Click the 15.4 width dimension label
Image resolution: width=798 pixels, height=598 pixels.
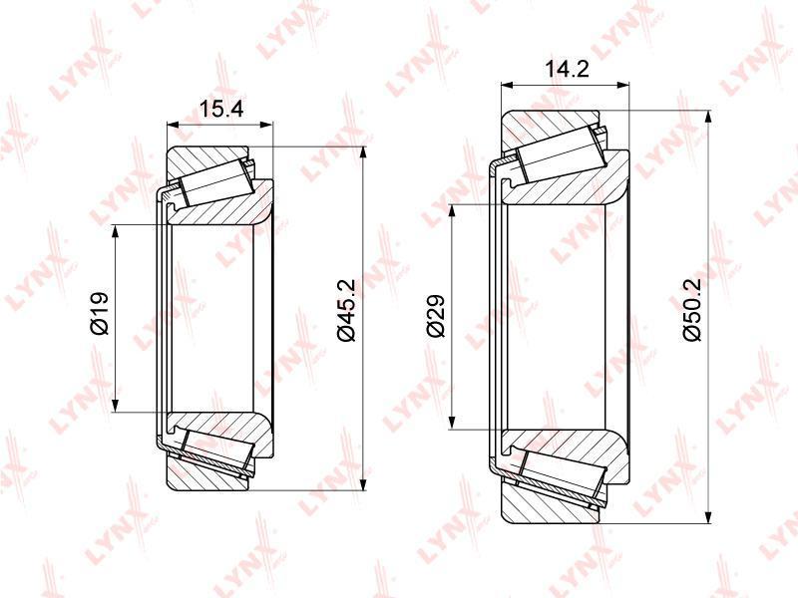point(220,109)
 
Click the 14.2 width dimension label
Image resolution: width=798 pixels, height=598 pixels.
point(567,69)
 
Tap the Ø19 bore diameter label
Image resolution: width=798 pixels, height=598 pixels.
point(99,313)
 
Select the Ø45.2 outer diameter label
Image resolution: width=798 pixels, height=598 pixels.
point(346,311)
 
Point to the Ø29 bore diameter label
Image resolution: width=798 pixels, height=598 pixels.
point(436,315)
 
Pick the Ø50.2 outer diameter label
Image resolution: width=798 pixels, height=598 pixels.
point(692,310)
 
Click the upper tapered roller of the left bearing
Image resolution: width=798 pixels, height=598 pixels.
point(216,180)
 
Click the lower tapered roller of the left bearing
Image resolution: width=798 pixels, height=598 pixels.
point(217,452)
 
